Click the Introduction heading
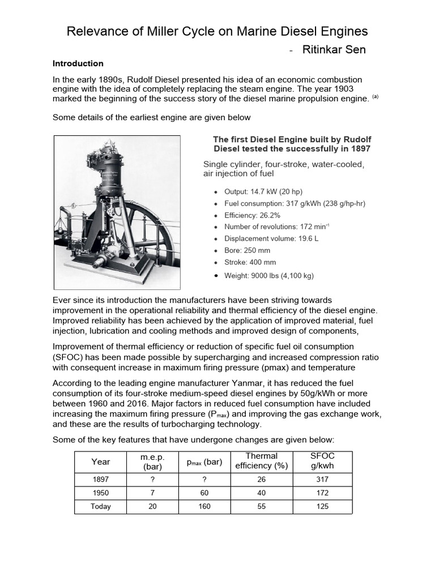[x=78, y=63]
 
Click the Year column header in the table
[x=101, y=462]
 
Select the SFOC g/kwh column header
[x=323, y=461]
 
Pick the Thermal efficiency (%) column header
[x=262, y=461]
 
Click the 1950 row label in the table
[x=101, y=493]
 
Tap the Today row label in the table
[x=101, y=506]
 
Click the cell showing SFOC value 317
[x=323, y=479]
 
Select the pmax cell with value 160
[x=204, y=506]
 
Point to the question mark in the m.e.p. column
[x=152, y=479]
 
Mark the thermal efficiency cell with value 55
[x=262, y=506]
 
